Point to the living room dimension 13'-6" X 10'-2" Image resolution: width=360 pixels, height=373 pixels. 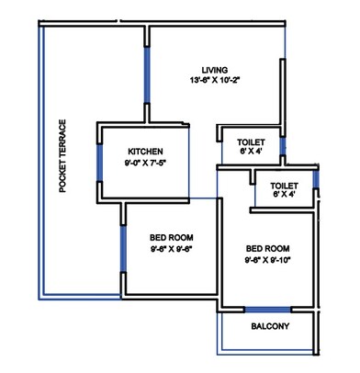tap(216, 81)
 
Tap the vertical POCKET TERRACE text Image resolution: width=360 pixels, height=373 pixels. tap(62, 157)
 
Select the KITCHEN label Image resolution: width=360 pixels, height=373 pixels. tap(146, 152)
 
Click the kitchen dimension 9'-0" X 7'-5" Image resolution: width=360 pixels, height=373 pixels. tap(146, 164)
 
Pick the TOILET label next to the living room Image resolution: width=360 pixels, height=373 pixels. tap(251, 142)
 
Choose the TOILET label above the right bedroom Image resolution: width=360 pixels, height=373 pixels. tap(285, 186)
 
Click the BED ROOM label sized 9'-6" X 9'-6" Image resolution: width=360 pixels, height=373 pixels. tap(170, 234)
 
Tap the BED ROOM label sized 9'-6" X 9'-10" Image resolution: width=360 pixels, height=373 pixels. tap(268, 248)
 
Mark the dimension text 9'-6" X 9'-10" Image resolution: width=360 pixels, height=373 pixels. tap(268, 260)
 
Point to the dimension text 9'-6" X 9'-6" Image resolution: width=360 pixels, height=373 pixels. tap(170, 247)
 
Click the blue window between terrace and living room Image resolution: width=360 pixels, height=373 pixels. tap(146, 73)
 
